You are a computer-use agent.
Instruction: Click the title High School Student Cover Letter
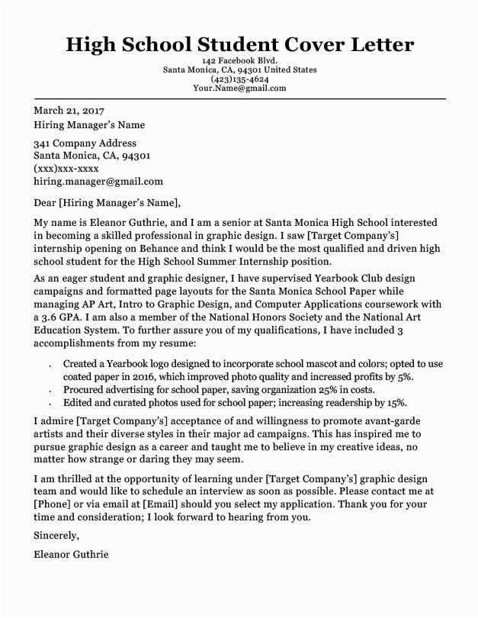pos(239,43)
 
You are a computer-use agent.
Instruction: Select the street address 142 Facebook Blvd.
pos(239,60)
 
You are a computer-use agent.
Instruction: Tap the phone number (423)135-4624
pos(239,79)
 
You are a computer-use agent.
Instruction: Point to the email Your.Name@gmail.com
pos(239,88)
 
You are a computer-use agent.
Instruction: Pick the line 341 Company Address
pos(85,143)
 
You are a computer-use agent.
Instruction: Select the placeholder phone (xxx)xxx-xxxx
pos(66,169)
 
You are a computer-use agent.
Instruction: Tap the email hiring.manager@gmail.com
pos(98,182)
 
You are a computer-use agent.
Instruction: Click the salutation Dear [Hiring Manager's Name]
pos(107,202)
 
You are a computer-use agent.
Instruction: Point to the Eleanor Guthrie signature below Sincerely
pos(71,555)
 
